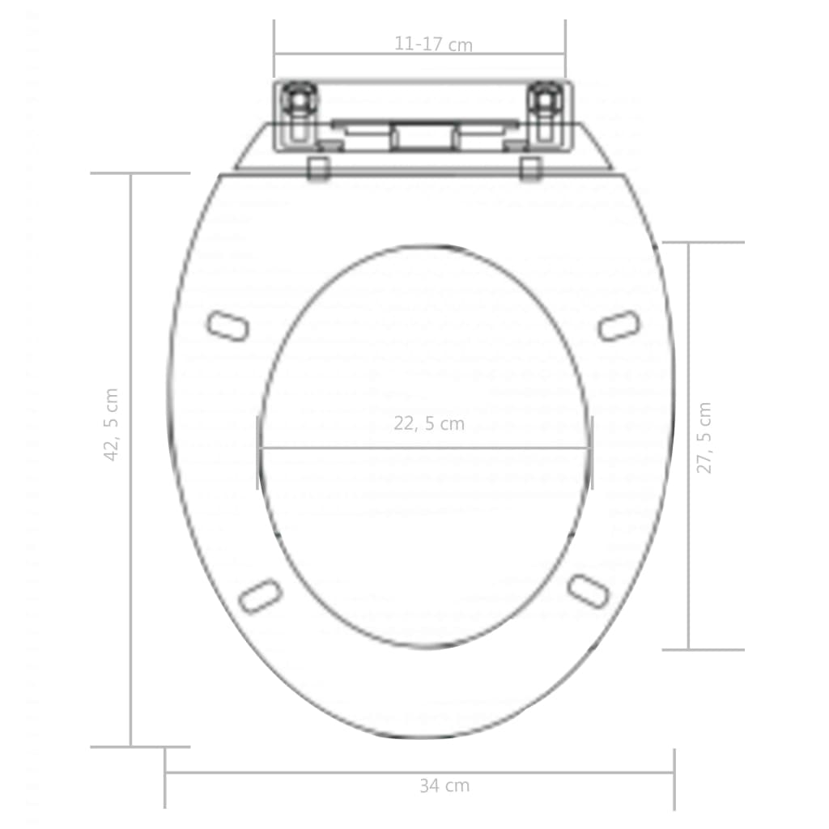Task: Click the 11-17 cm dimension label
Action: point(433,45)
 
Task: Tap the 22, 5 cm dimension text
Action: point(429,423)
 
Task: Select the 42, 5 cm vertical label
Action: point(112,425)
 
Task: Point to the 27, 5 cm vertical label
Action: point(705,438)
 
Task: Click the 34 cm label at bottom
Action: point(444,785)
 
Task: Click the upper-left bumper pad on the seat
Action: point(227,326)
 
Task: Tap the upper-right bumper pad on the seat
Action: point(619,325)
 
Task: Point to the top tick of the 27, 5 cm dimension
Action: point(702,242)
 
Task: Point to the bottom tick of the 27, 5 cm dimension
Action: point(702,649)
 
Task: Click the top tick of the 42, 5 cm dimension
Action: point(139,173)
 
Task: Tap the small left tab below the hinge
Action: point(318,168)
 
